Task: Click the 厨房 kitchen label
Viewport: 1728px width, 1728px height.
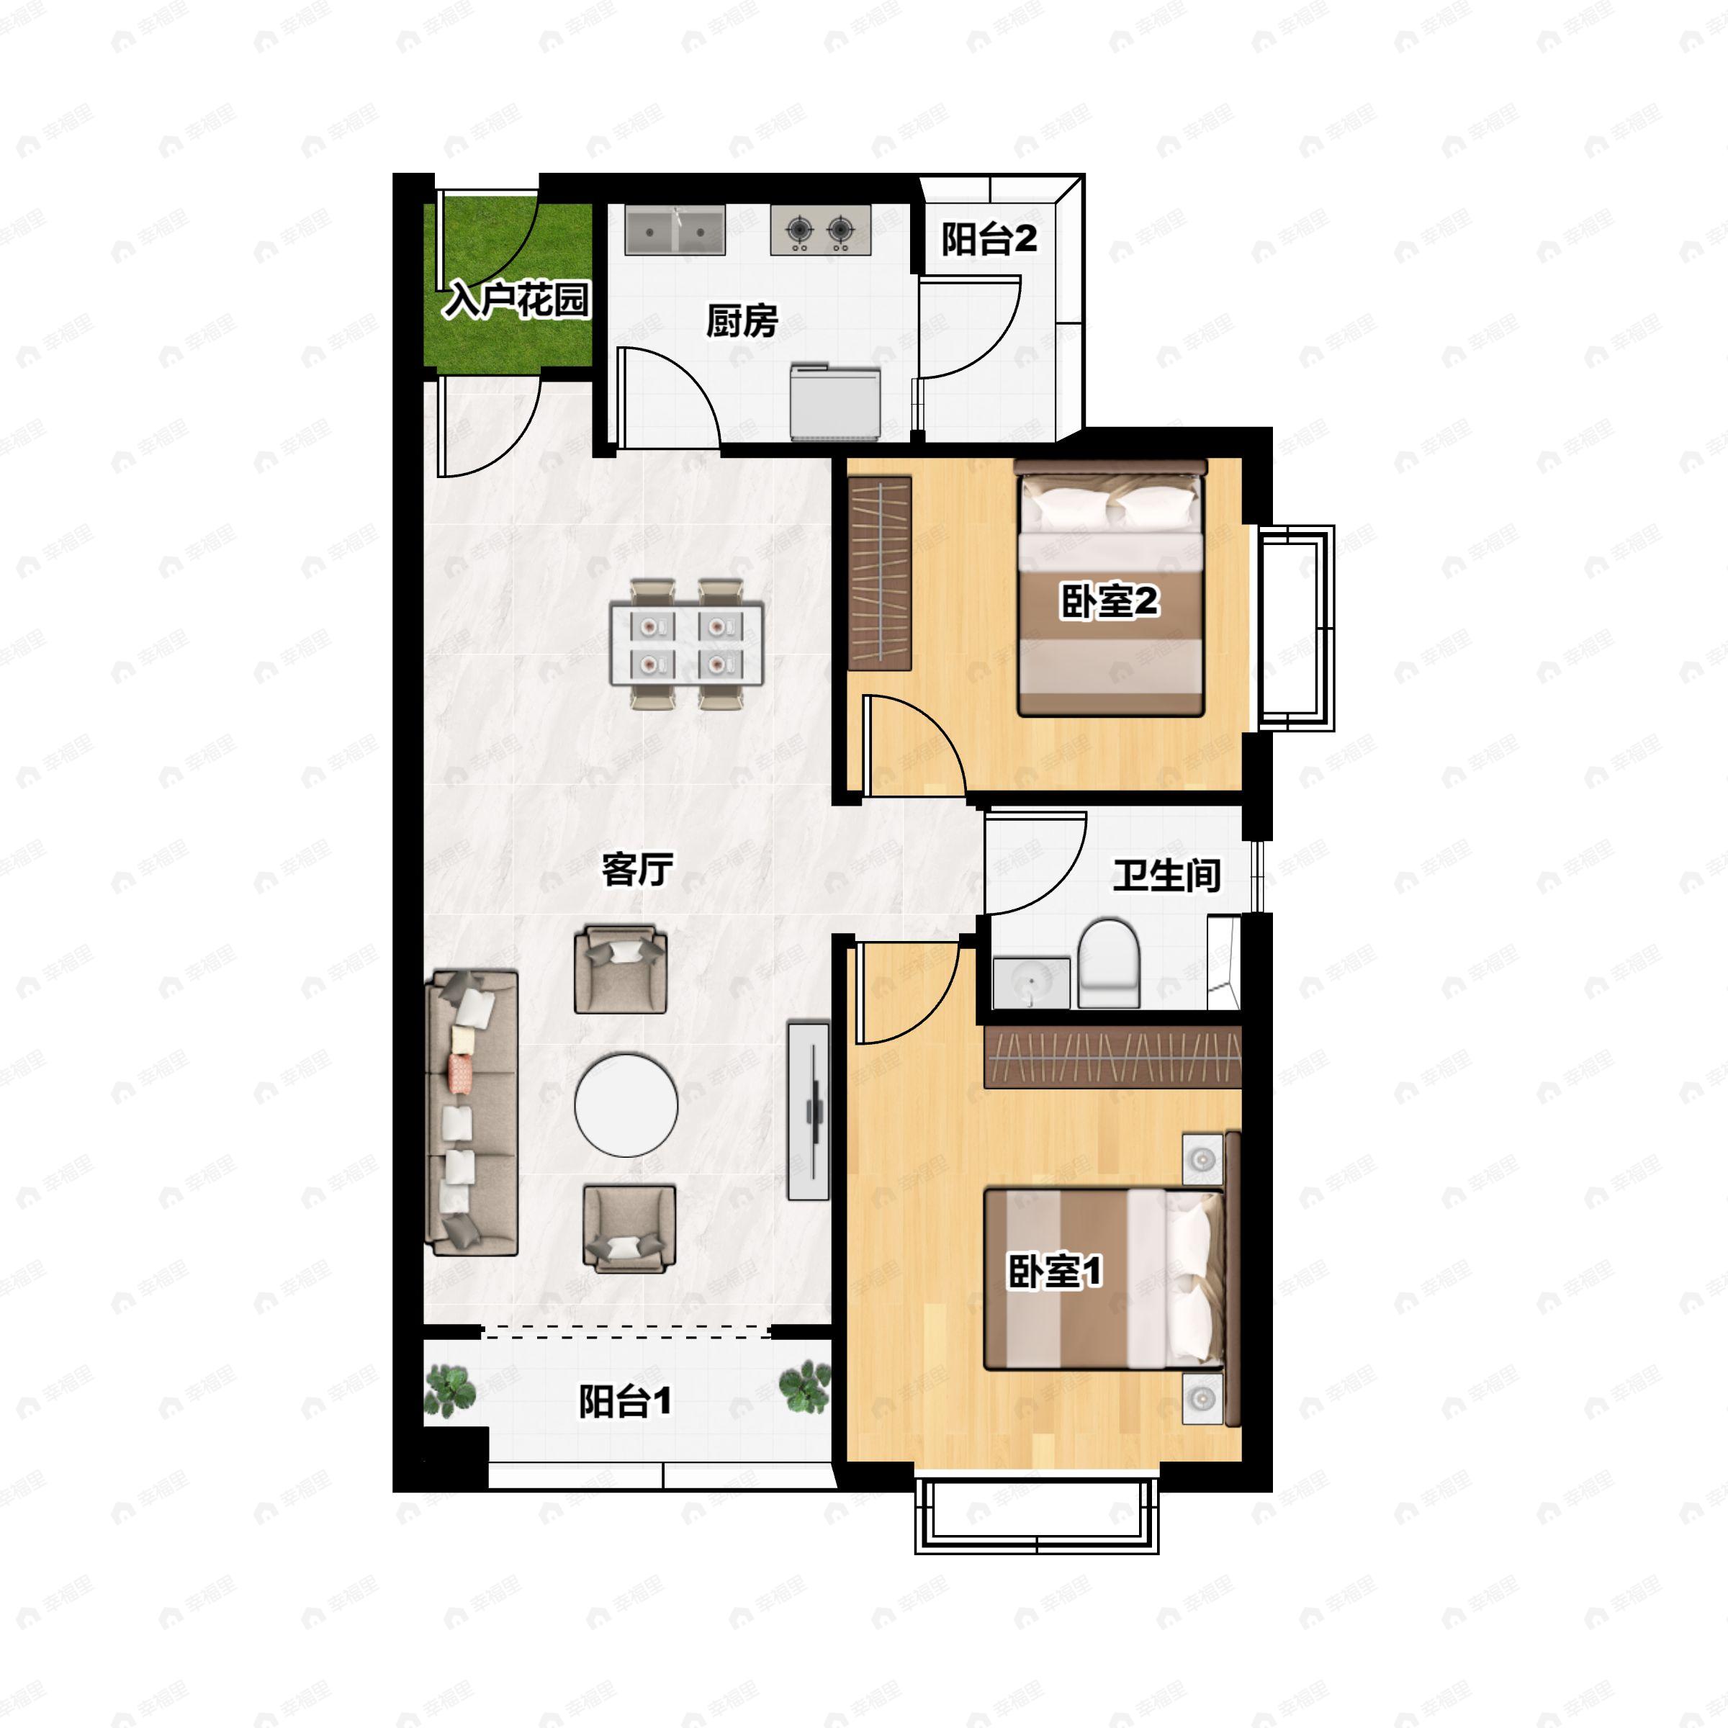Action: [x=742, y=320]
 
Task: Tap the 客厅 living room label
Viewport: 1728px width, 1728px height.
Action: [x=636, y=868]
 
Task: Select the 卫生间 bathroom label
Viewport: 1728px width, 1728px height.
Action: [x=1166, y=875]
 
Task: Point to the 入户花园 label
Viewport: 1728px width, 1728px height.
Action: [x=518, y=300]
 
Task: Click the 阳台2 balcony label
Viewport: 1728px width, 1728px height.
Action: [x=989, y=239]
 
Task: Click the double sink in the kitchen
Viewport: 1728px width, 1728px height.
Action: [x=675, y=230]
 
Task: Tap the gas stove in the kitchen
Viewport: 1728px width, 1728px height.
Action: [x=820, y=230]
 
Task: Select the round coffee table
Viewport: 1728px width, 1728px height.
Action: [x=626, y=1104]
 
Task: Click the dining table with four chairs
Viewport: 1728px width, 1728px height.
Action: [x=686, y=644]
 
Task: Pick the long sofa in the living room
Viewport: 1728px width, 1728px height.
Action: [x=472, y=1112]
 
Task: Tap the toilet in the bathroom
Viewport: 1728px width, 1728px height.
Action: [x=1109, y=963]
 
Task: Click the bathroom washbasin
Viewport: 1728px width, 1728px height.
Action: [x=1031, y=982]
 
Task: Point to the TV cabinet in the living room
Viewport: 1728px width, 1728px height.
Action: [x=809, y=1111]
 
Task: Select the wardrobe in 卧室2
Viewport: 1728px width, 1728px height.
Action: [x=879, y=573]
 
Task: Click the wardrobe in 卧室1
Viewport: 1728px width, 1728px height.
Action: [x=1112, y=1057]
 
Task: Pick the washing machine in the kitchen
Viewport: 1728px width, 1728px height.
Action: [x=835, y=402]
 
